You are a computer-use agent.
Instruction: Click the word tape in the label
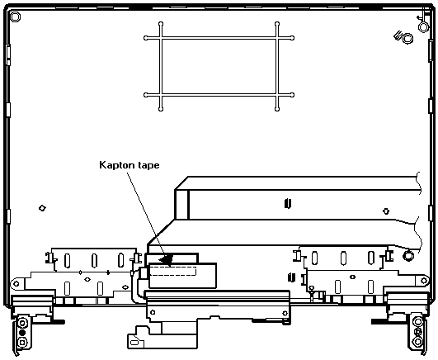(148, 165)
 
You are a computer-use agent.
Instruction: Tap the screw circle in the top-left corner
(15, 17)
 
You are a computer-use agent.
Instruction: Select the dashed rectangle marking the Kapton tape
(173, 271)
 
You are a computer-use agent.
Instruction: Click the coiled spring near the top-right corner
(404, 38)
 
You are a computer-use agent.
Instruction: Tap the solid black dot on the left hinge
(22, 333)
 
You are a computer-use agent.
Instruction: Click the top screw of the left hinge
(22, 324)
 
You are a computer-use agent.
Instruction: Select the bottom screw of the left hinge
(22, 342)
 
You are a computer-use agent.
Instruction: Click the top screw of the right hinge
(418, 322)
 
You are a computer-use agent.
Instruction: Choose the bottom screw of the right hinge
(418, 342)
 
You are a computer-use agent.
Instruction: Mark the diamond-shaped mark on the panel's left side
(42, 208)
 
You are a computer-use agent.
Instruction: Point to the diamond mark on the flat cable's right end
(386, 211)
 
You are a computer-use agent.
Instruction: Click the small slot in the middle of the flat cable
(288, 203)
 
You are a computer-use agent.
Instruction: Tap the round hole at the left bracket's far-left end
(16, 284)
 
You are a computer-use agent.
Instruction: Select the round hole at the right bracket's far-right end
(424, 280)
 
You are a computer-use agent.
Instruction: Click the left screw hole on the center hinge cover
(153, 312)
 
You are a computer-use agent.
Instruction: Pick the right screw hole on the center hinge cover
(285, 313)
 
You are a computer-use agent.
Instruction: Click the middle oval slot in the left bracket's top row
(94, 260)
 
